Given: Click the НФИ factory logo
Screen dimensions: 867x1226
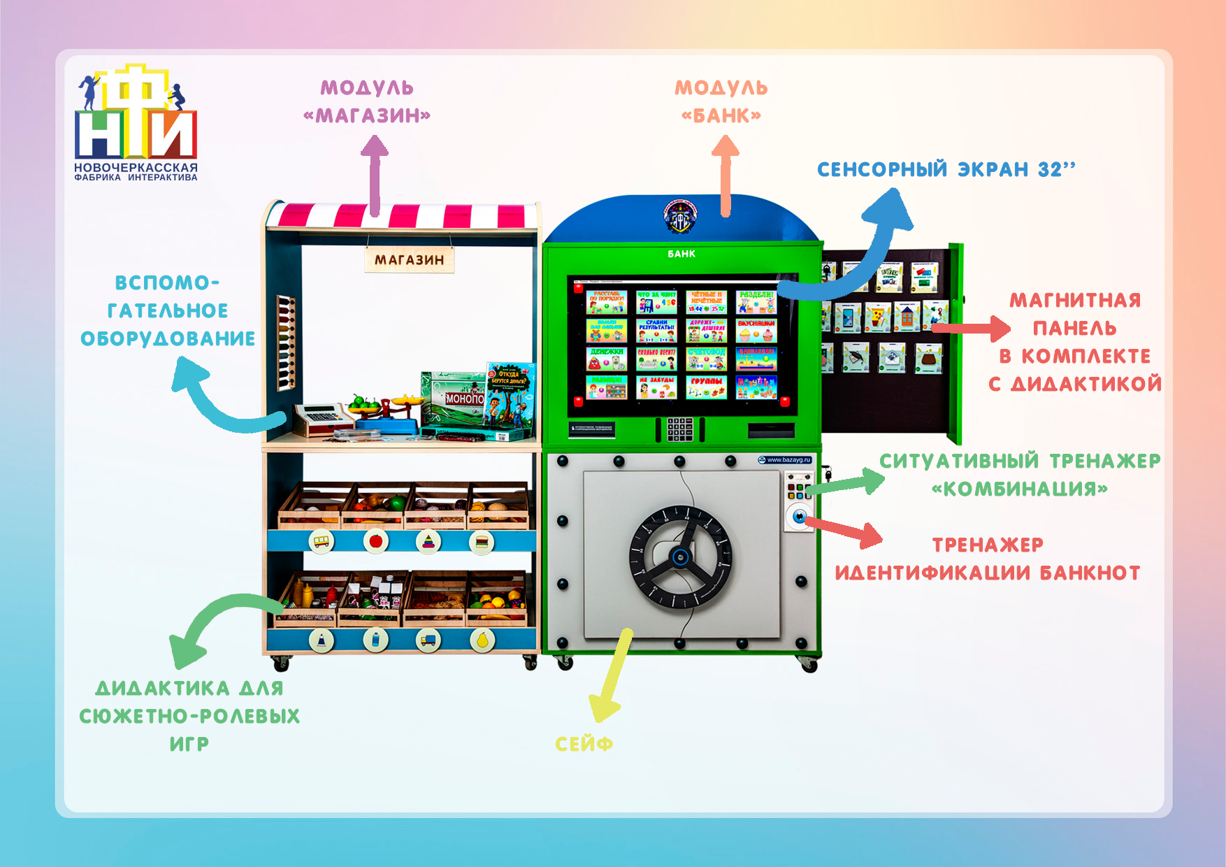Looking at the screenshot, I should click(x=136, y=122).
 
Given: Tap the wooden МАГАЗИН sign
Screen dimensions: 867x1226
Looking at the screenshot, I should click(x=410, y=260).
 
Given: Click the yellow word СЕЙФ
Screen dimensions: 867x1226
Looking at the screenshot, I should click(x=584, y=744).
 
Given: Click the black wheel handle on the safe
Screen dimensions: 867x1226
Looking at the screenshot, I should click(x=680, y=557).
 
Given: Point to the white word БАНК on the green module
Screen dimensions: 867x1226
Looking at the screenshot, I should click(x=681, y=254).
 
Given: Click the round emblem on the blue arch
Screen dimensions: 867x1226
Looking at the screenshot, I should click(x=680, y=216).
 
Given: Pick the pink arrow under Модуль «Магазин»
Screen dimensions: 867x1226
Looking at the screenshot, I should click(x=375, y=175).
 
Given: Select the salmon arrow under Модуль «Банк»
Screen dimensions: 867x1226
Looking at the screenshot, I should click(x=725, y=175).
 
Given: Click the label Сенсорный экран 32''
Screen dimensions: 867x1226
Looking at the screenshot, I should click(x=946, y=169).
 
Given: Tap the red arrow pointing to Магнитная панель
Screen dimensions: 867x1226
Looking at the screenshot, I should click(x=972, y=328).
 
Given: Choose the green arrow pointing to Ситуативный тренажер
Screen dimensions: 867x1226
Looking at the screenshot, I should click(x=849, y=482).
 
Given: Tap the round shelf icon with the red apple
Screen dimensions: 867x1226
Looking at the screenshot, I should click(x=375, y=541).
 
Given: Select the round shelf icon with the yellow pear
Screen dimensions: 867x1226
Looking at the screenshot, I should click(x=482, y=639).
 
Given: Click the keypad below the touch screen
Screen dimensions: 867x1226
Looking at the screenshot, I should click(x=679, y=429).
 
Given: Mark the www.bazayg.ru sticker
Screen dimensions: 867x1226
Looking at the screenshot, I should click(x=785, y=459).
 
